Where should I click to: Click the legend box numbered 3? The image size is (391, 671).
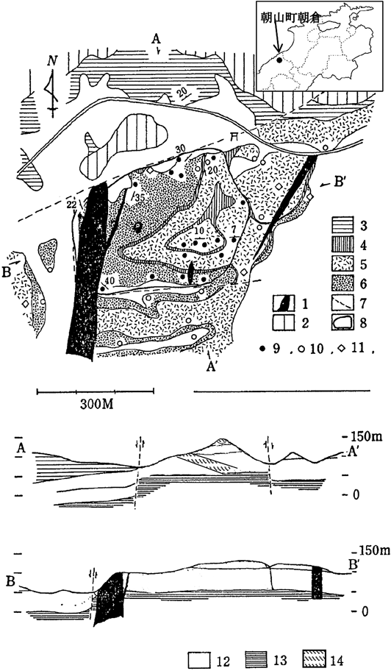coord(343,224)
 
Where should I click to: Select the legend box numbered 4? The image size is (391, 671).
coord(343,244)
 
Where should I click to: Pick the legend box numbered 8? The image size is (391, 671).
coord(343,322)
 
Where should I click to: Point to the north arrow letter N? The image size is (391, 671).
coord(53,61)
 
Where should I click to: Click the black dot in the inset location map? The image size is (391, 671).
coord(279,60)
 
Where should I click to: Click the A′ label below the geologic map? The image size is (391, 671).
coord(211,367)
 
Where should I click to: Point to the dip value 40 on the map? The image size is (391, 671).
coord(110,280)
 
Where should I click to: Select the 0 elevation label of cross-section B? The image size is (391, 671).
coord(364,611)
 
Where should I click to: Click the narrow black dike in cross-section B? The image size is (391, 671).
coord(317,583)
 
